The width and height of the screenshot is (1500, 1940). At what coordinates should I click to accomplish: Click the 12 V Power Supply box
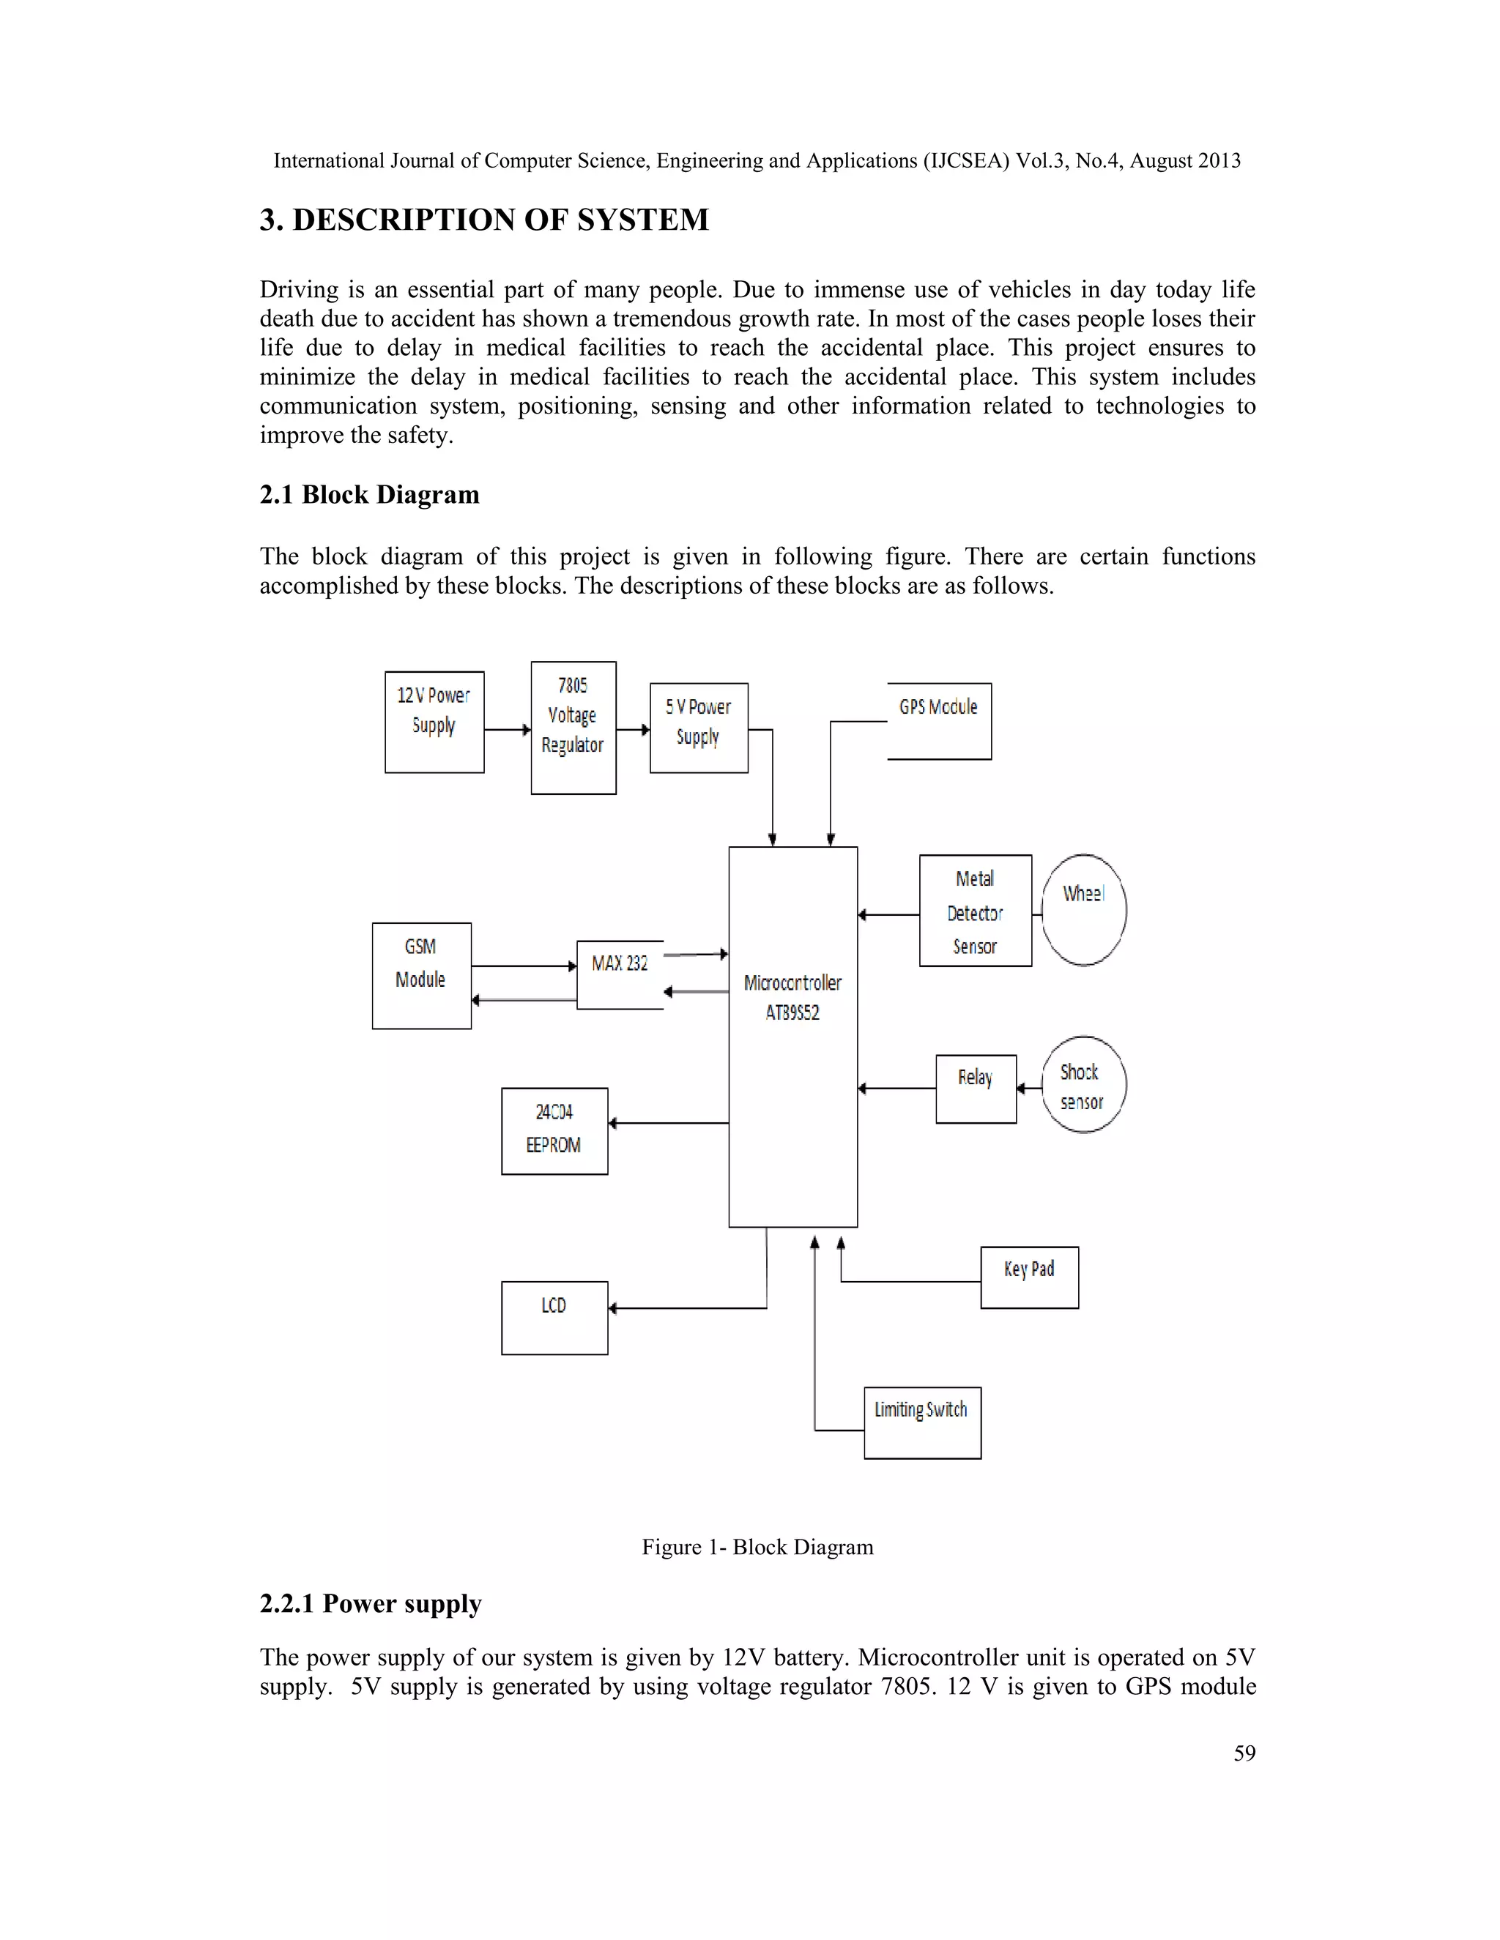[434, 721]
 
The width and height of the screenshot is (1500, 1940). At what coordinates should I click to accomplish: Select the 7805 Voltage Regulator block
[573, 727]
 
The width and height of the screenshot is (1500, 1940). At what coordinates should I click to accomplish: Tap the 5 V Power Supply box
[699, 727]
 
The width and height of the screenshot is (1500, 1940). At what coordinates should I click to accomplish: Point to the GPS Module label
[937, 707]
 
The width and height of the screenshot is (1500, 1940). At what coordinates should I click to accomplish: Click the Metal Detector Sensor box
[975, 911]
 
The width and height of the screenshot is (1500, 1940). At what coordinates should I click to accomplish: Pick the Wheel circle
[1083, 909]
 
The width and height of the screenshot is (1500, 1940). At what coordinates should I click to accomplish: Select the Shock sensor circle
[1083, 1085]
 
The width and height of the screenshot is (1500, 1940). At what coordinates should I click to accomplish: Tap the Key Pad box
[1029, 1277]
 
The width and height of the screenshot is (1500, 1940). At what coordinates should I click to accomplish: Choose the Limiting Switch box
[921, 1422]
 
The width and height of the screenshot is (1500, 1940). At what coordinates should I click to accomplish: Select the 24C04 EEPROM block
[554, 1131]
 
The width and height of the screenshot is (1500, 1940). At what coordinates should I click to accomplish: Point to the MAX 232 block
[620, 974]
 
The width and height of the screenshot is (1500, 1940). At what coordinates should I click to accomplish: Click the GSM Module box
[421, 975]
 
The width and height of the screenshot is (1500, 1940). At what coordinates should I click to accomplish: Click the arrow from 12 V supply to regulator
[508, 730]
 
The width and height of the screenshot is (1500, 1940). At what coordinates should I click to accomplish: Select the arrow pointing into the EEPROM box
[667, 1124]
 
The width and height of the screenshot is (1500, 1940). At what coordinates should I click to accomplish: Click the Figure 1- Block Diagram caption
[757, 1546]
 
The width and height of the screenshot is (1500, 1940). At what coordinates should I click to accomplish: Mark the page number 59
[1244, 1753]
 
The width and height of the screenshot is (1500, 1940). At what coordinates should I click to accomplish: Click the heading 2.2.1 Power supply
[371, 1603]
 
